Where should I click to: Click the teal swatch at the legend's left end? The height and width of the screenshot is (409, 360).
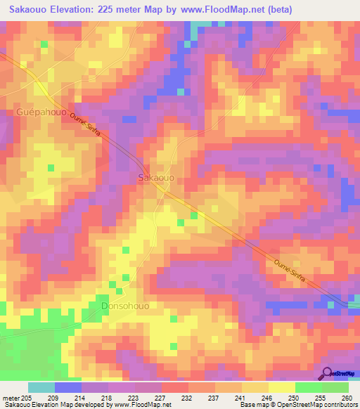coord(41,387)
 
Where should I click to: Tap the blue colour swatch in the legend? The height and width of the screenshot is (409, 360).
coord(68,387)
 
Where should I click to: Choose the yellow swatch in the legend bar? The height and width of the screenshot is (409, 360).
coord(255,387)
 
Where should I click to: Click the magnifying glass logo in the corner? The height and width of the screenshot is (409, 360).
coord(328,373)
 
